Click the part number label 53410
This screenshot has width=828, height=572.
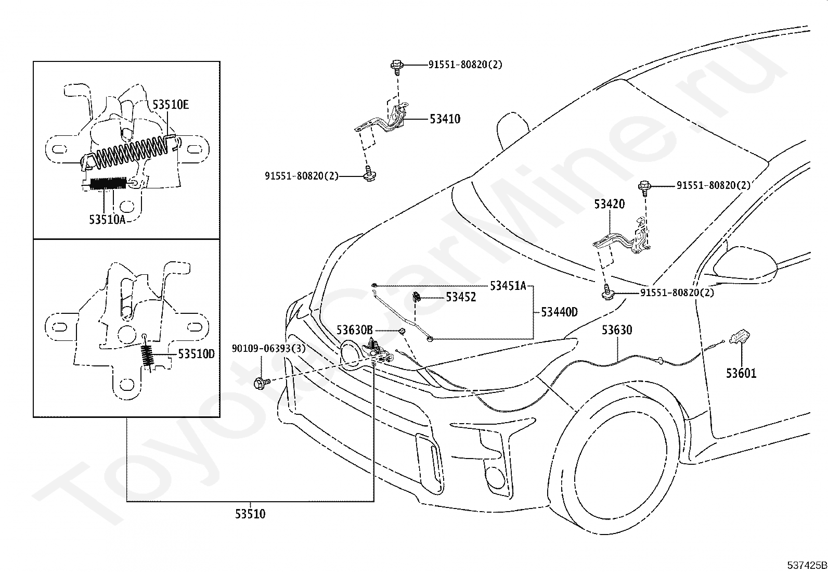[445, 119]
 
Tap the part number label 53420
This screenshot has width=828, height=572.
[610, 204]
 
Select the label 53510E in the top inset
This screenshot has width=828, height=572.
[171, 105]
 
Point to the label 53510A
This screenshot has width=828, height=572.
[107, 220]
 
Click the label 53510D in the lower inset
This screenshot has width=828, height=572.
[196, 354]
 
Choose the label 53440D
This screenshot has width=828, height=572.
[559, 312]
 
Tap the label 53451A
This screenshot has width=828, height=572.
[508, 286]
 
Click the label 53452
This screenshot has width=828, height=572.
[461, 297]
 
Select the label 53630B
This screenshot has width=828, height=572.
[355, 330]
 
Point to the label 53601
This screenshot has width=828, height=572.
[741, 373]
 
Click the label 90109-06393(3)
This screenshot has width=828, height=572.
[269, 349]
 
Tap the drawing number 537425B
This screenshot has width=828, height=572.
[807, 565]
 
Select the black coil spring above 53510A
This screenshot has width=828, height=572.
[108, 183]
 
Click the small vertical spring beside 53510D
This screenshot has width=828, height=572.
[148, 357]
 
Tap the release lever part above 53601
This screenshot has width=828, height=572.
[739, 337]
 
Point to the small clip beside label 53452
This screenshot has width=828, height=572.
[417, 297]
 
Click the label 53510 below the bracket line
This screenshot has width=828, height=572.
[250, 514]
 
